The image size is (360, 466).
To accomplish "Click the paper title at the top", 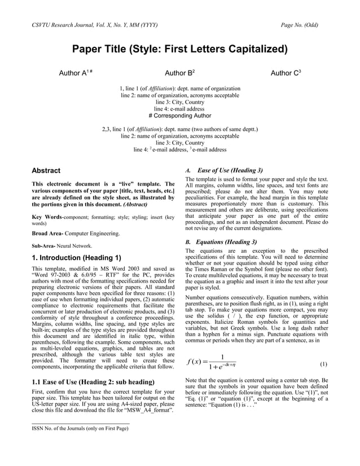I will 179,49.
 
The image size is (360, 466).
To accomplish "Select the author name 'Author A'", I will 75,73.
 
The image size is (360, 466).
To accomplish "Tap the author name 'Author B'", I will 179,73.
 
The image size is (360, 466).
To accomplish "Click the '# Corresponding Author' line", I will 179,116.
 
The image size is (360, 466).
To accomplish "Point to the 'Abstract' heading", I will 46,170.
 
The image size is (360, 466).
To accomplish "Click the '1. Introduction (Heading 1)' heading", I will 76,258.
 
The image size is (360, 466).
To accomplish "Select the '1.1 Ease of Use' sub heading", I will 94,383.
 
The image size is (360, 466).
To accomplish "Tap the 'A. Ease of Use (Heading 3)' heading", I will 224,170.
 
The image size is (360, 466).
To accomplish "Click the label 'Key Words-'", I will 47,217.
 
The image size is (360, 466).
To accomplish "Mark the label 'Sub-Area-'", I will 45,246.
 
